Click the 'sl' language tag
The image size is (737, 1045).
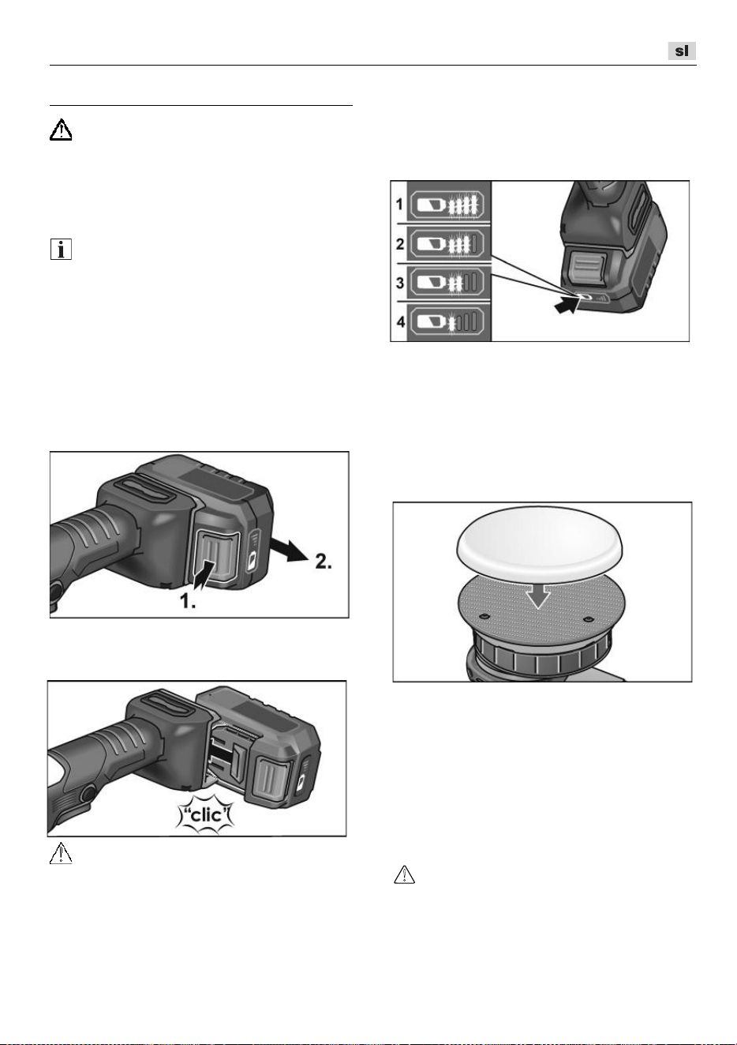pyautogui.click(x=682, y=51)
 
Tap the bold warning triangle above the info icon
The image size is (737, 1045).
pyautogui.click(x=61, y=130)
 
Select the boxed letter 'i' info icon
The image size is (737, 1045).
pyautogui.click(x=61, y=249)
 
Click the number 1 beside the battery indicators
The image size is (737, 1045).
pyautogui.click(x=399, y=205)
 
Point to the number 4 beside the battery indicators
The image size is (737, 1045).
pyautogui.click(x=400, y=322)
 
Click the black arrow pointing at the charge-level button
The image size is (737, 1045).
pyautogui.click(x=567, y=306)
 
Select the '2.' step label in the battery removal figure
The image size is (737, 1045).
pyautogui.click(x=324, y=562)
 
